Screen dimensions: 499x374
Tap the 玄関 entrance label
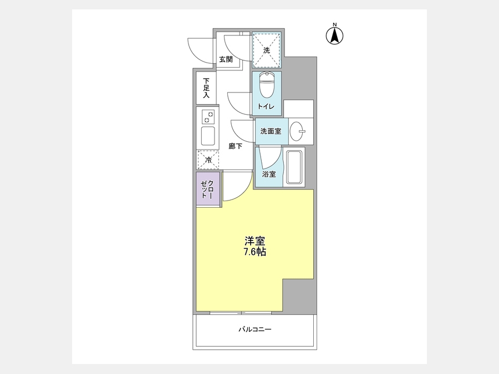point(226,59)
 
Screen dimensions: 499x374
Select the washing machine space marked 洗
point(267,50)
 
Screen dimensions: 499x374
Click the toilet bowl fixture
point(266,85)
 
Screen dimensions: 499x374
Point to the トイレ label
point(266,106)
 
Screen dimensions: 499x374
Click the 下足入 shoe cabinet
point(206,88)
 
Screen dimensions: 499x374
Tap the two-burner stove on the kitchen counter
point(208,117)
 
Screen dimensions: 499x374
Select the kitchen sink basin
point(208,136)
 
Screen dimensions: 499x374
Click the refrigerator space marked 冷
point(208,160)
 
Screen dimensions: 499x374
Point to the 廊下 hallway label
point(236,146)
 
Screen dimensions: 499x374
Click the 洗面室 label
point(271,131)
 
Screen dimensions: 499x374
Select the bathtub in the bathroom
point(296,167)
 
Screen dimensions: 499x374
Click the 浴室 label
point(269,174)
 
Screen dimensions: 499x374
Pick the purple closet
point(208,189)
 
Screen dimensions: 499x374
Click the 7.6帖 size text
point(255,252)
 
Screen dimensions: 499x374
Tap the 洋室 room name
point(255,241)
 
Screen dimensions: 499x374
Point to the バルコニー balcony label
point(255,330)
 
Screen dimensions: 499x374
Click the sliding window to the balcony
point(241,313)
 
